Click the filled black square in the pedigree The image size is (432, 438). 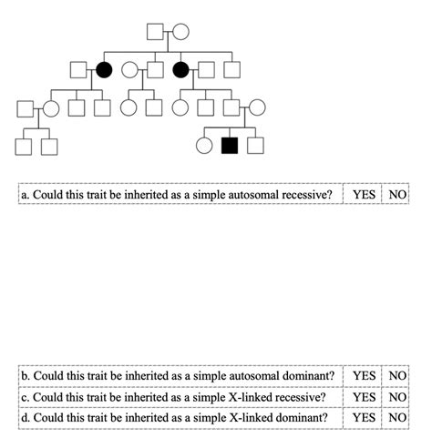[x=230, y=144]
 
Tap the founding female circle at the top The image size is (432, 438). [x=180, y=32]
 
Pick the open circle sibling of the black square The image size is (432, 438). [x=205, y=144]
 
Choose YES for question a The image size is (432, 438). [x=364, y=195]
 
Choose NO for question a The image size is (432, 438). [x=397, y=195]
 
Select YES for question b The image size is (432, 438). [x=364, y=375]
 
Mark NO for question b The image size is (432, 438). [x=397, y=375]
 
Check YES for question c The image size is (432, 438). [x=364, y=396]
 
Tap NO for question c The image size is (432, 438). [x=397, y=396]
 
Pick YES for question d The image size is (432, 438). [x=364, y=417]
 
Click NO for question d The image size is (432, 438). [x=397, y=417]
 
